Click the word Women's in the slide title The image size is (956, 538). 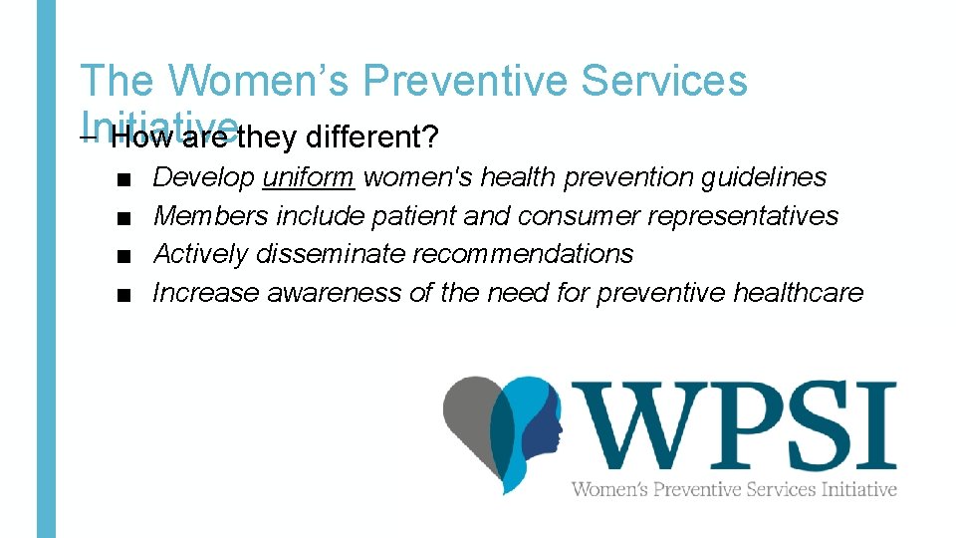coord(256,82)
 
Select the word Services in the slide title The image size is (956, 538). coord(666,82)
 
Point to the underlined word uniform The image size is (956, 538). coord(309,177)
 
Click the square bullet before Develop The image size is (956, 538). coord(121,179)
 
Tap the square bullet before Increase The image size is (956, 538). coord(121,295)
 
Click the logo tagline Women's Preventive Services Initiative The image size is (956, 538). coord(734,489)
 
